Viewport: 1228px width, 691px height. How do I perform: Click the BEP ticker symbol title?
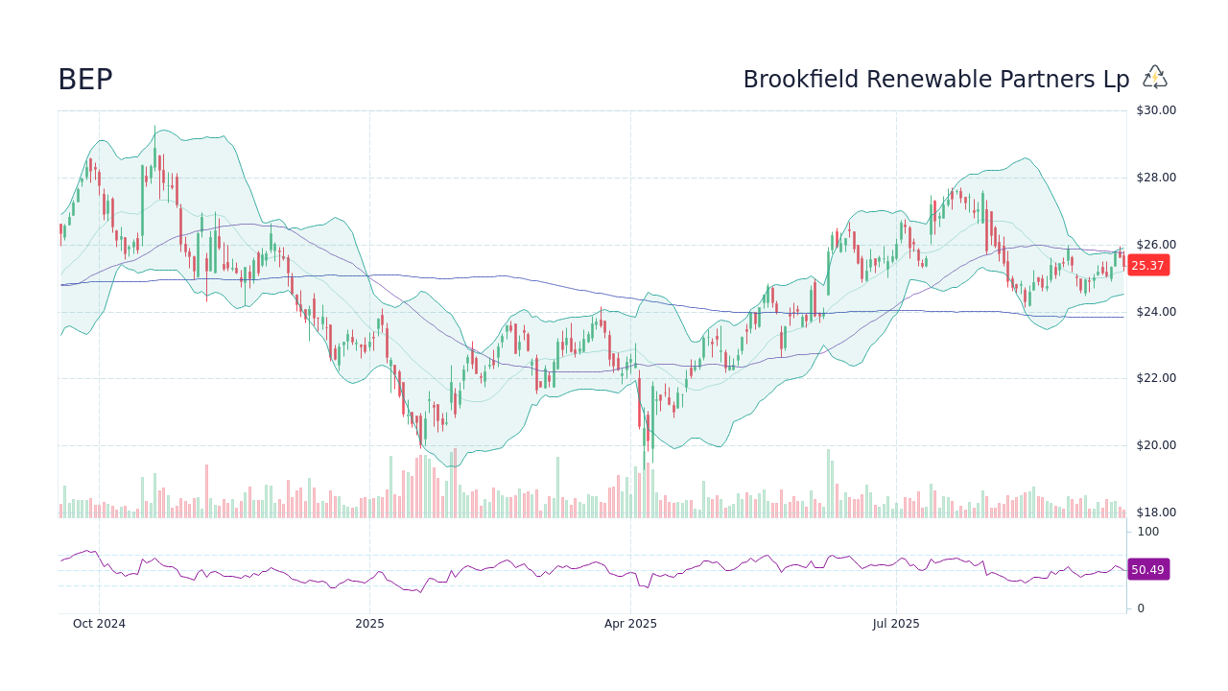(85, 80)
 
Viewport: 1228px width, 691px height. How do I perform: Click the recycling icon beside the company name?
(1155, 78)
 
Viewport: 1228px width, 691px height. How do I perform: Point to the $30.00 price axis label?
(1156, 110)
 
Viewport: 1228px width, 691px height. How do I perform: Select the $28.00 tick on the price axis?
(1156, 178)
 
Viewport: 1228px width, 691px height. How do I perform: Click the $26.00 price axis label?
(1156, 245)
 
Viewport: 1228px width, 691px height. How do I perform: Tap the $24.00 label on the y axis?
(1156, 312)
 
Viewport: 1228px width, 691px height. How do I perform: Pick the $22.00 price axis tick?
(1156, 378)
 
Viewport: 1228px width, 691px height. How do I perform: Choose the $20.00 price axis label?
(1156, 445)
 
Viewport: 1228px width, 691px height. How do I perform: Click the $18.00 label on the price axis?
(1156, 512)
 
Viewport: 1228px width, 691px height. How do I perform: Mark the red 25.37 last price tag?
(1147, 266)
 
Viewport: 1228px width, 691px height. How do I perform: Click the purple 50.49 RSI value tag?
(1147, 570)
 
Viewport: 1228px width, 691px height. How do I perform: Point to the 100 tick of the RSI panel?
(1148, 532)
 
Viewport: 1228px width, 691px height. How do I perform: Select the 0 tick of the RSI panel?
(1141, 608)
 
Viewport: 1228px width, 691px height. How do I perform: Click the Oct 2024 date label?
(99, 624)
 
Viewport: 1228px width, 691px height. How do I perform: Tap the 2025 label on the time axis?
(369, 624)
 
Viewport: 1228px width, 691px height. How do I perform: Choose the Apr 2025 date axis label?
(630, 624)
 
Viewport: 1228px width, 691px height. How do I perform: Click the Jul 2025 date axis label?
(896, 624)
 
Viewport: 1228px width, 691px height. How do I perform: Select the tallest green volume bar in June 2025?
(828, 484)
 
